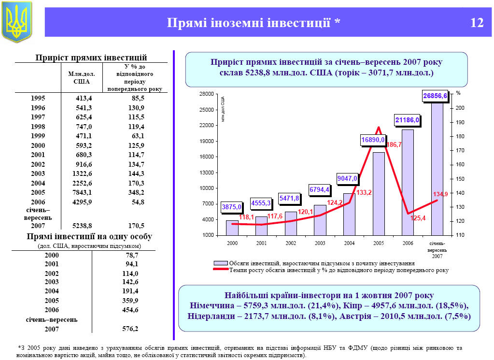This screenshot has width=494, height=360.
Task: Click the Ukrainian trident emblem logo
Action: click(x=17, y=21)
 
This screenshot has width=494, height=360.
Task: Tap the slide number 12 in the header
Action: click(x=477, y=23)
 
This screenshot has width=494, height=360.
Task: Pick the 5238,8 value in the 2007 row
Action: click(x=82, y=226)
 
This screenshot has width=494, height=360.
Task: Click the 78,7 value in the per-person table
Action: click(x=131, y=255)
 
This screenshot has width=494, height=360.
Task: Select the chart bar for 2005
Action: click(x=379, y=193)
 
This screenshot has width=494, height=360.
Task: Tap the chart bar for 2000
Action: click(x=232, y=228)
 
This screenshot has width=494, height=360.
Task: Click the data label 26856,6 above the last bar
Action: click(x=435, y=96)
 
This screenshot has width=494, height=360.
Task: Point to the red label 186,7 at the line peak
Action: click(x=394, y=144)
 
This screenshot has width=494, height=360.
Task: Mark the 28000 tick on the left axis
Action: click(x=208, y=94)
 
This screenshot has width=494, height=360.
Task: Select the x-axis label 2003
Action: click(x=320, y=243)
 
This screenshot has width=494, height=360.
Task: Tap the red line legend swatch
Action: click(x=221, y=270)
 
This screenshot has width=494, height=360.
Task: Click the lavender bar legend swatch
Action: click(x=221, y=263)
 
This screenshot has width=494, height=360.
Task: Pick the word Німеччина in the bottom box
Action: click(x=213, y=306)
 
